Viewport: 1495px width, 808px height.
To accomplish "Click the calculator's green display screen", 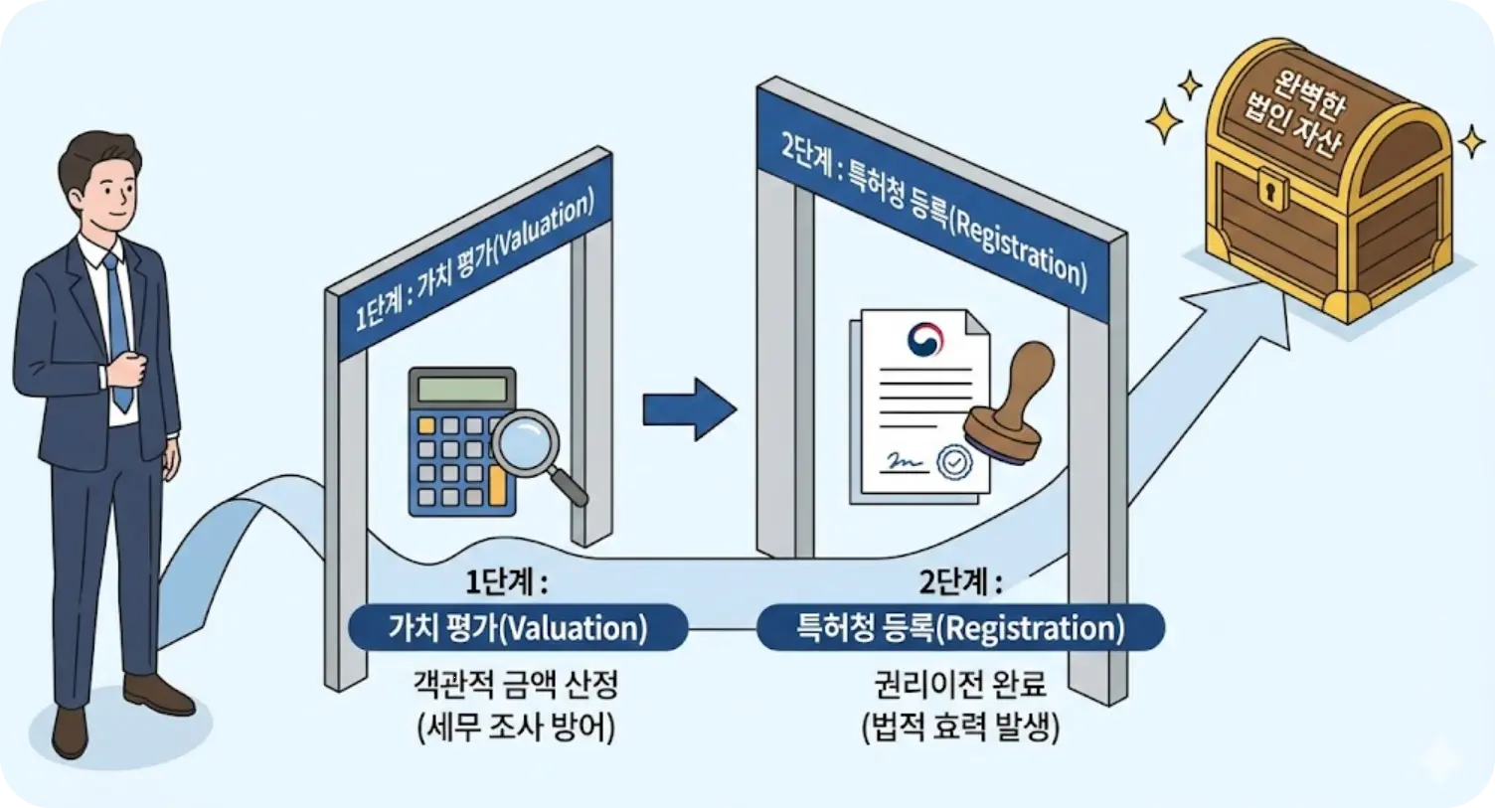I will (x=463, y=388).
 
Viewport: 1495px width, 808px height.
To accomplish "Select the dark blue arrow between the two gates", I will (x=688, y=407).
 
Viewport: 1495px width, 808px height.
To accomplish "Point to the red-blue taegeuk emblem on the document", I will (x=925, y=340).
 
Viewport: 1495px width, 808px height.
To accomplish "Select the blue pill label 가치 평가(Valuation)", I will (x=517, y=628).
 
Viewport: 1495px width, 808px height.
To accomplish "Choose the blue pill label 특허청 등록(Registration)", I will (x=960, y=628).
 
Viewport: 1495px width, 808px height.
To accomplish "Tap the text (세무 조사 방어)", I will (x=517, y=728).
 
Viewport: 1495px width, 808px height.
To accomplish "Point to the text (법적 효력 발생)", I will (x=960, y=728).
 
